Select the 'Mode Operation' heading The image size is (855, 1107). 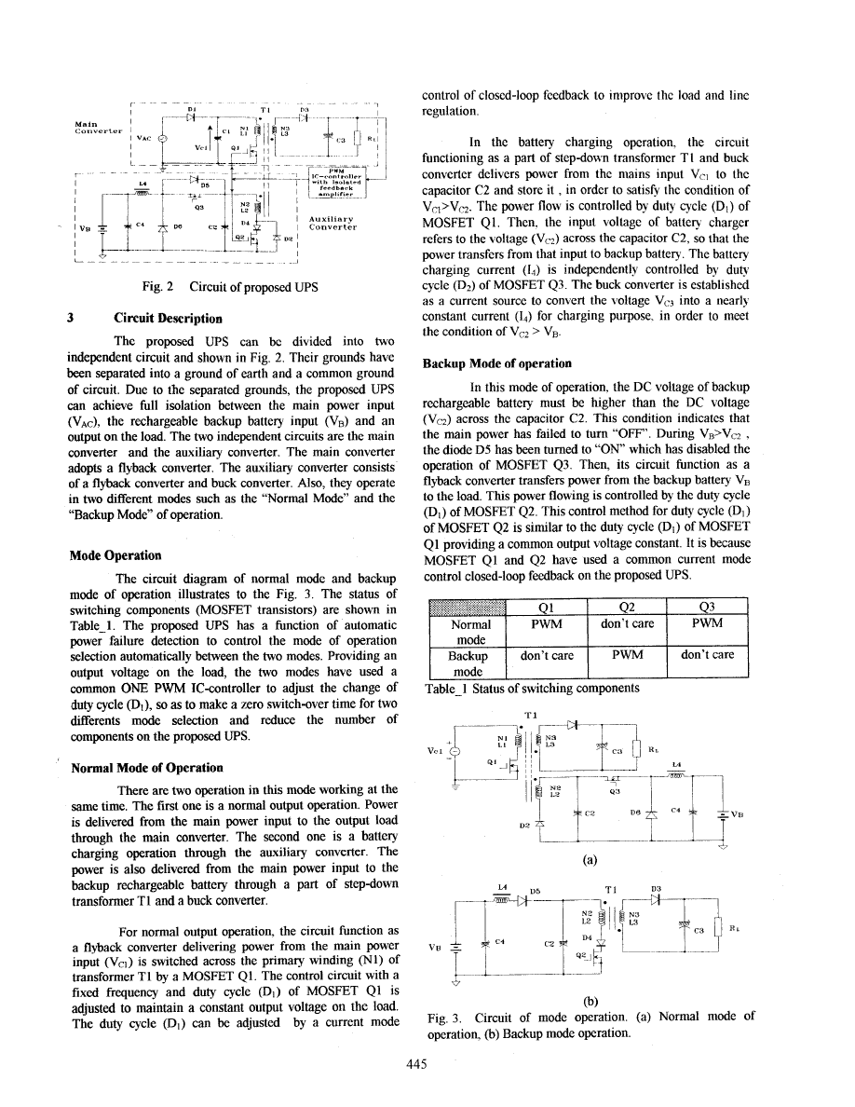115,555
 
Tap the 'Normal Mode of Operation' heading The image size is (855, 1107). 147,767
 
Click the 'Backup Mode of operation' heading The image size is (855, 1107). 497,363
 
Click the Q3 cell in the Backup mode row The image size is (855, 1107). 708,655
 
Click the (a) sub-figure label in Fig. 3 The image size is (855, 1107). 589,860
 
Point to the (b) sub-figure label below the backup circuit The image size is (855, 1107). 589,1003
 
